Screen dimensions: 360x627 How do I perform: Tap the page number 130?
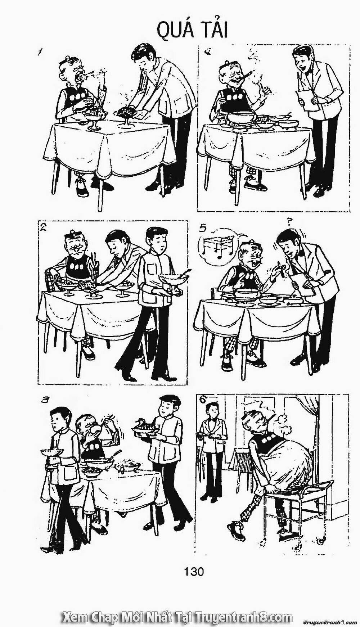click(x=194, y=570)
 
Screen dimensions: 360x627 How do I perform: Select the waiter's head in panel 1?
click(x=143, y=57)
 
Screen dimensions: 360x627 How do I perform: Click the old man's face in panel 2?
click(x=76, y=245)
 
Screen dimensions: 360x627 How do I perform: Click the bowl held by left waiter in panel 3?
click(x=51, y=452)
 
